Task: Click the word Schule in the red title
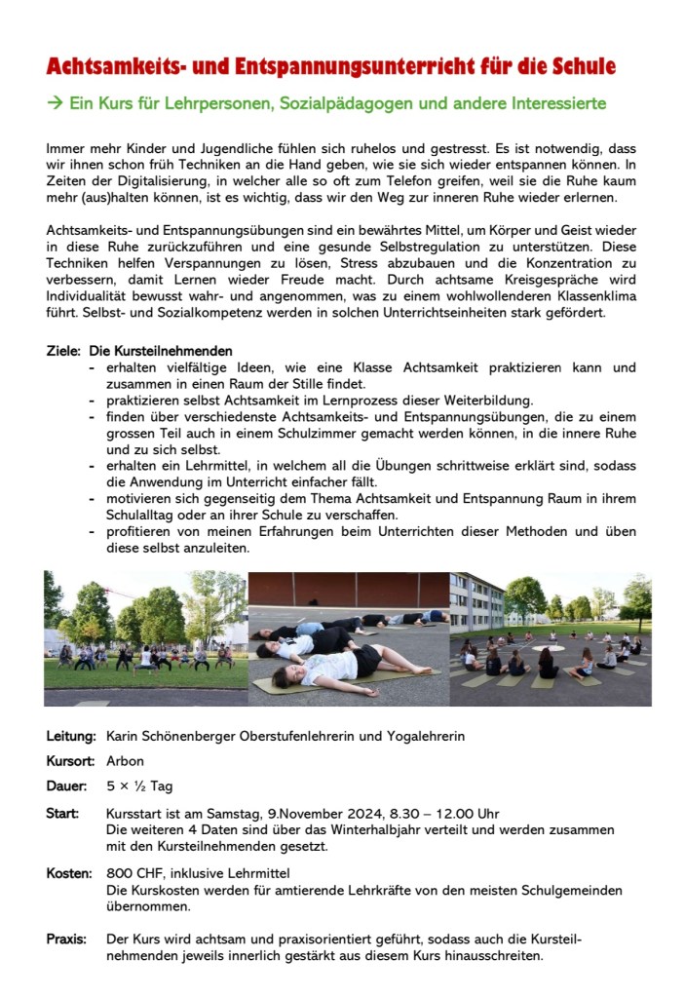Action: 582,67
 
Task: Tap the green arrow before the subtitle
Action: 55,102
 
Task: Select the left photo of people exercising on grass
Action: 145,638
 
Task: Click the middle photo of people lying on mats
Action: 348,638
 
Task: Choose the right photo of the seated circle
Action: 551,638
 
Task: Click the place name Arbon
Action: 125,761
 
